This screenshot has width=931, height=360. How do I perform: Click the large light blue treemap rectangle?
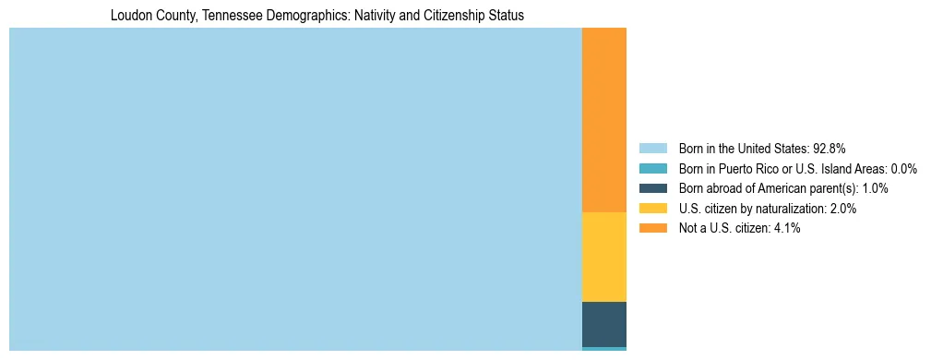coord(295,189)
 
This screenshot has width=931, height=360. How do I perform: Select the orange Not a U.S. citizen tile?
coord(604,120)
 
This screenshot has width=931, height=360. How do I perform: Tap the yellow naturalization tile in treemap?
coord(604,257)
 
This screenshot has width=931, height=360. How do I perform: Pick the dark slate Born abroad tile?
coord(604,323)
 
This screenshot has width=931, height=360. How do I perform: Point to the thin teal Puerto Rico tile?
coord(604,349)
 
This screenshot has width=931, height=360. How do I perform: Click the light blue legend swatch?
coord(652,149)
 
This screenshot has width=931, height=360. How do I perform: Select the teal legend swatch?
coord(652,169)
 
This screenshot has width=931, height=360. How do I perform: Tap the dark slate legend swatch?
coord(652,188)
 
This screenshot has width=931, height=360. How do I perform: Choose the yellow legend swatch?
coord(652,209)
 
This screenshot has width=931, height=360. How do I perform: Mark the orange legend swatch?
coord(652,229)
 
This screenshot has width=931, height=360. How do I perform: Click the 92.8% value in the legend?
coord(829,149)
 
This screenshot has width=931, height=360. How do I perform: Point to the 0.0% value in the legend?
coord(903,169)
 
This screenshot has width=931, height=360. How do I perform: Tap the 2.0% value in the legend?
coord(842,209)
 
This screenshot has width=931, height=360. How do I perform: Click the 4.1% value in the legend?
coord(786,229)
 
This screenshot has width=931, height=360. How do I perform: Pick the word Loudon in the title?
coord(129,16)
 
